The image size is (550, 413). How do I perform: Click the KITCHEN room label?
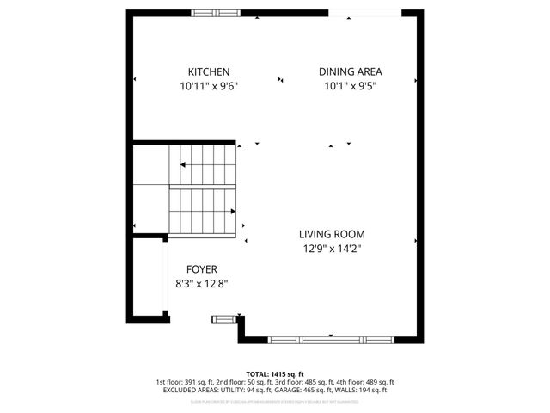click(x=209, y=72)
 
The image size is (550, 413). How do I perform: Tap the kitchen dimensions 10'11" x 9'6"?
click(x=209, y=86)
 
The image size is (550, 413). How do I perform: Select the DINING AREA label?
click(x=350, y=72)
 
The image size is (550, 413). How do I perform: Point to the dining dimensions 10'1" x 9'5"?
click(x=350, y=86)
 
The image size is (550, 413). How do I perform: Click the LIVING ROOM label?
click(x=332, y=234)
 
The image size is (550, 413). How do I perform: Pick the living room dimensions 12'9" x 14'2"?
click(x=332, y=250)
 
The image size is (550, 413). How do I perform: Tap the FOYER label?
click(x=195, y=268)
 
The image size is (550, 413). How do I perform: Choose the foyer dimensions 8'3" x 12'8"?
click(x=195, y=283)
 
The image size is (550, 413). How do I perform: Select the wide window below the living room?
click(x=331, y=340)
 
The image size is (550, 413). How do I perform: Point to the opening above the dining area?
click(x=364, y=12)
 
